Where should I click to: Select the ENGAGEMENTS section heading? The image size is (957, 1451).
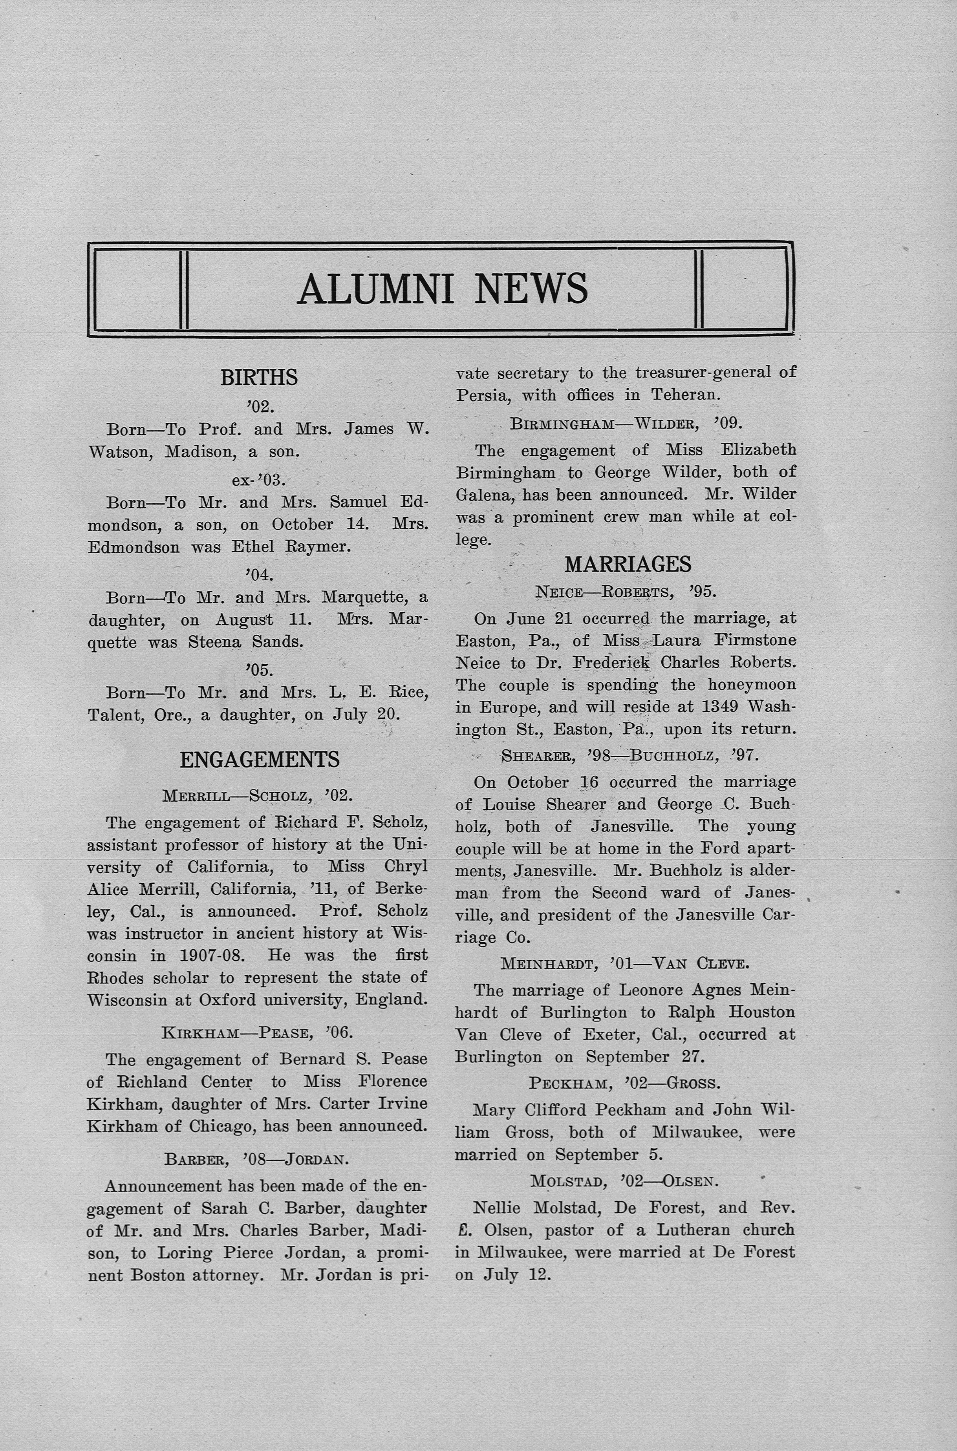[260, 760]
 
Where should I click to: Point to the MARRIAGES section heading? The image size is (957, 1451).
[628, 565]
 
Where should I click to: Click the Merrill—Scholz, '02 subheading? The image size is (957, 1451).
[258, 796]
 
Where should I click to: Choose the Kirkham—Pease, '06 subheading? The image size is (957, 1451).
[258, 1033]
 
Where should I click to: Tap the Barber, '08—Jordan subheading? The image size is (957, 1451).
[256, 1159]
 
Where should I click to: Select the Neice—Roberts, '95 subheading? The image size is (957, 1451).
[626, 592]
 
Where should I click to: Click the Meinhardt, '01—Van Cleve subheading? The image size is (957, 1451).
[624, 963]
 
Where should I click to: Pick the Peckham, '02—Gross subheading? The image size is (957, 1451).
[624, 1083]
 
